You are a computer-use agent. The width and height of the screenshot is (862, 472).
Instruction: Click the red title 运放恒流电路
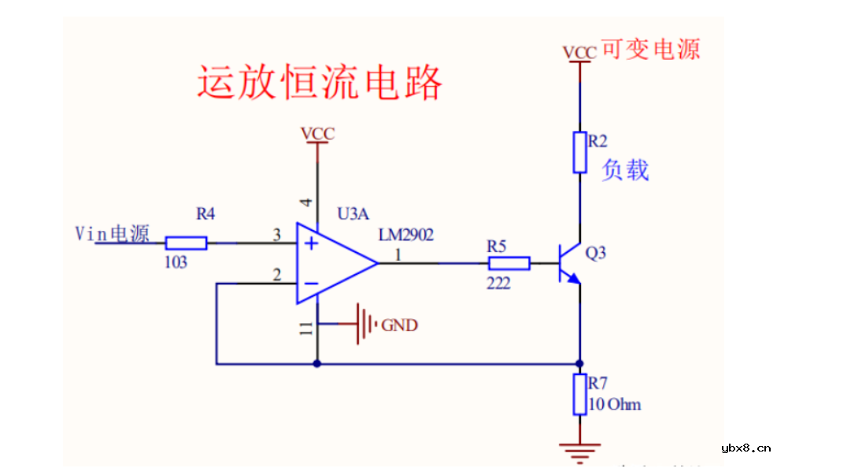pos(319,83)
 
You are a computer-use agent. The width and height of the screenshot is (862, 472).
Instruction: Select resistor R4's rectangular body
pos(187,243)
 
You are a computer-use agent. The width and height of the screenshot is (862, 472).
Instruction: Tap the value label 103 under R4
pos(176,262)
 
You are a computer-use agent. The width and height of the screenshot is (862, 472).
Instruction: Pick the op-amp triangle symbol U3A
pos(335,263)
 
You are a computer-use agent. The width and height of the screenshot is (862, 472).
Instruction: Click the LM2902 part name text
pos(405,235)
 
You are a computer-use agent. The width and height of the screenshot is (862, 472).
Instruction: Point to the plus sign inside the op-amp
pos(312,243)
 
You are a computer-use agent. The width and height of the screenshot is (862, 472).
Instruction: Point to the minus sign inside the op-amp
pos(312,283)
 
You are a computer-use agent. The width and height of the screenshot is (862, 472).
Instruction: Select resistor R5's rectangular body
pos(509,263)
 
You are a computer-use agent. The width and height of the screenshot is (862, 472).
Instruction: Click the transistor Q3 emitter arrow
pos(573,277)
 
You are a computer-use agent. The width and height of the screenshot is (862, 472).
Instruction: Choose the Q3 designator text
pos(596,253)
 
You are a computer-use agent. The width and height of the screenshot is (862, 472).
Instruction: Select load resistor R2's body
pos(580,152)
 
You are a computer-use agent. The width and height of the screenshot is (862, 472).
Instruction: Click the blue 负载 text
pos(625,169)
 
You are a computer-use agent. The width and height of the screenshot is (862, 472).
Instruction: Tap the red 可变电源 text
pos(650,50)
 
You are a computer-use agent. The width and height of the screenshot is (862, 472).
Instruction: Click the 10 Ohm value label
pos(615,405)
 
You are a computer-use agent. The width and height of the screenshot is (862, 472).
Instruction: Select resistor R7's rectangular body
pos(580,395)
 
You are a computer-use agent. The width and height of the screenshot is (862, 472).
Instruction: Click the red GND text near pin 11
pos(399,325)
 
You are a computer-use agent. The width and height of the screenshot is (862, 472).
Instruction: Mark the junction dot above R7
pos(580,363)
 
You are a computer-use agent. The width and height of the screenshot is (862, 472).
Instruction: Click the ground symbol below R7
pos(580,451)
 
